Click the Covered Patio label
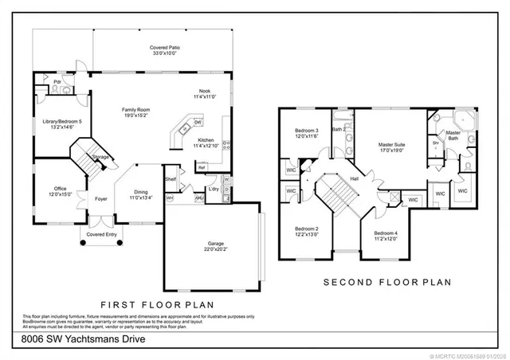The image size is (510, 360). (163, 49)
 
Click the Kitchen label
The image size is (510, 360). (206, 139)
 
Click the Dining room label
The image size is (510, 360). (140, 191)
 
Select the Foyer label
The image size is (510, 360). (101, 199)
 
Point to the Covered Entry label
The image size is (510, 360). (101, 235)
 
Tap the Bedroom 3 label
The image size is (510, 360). (307, 131)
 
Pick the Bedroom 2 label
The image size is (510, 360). (307, 229)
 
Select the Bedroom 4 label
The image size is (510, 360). (386, 233)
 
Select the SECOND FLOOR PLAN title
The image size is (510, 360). (386, 282)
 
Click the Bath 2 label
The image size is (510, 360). (338, 129)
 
